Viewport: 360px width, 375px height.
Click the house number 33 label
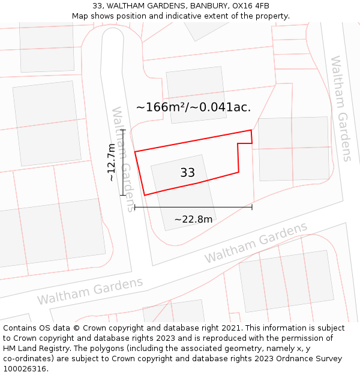tap(187, 173)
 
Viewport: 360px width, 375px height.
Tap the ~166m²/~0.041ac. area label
tap(193, 107)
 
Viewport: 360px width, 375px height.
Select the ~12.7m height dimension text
tap(111, 163)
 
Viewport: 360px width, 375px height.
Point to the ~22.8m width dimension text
tap(193, 220)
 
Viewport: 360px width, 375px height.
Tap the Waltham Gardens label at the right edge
tap(340, 109)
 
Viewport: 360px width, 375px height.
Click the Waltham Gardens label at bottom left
tap(90, 291)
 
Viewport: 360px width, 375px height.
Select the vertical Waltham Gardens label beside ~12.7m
tap(123, 159)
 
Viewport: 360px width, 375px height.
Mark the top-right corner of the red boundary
tap(251, 130)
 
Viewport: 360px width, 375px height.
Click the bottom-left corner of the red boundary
tap(145, 196)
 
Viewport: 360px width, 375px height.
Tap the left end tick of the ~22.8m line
tap(134, 207)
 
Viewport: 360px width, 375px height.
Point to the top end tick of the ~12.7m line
tap(122, 130)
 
